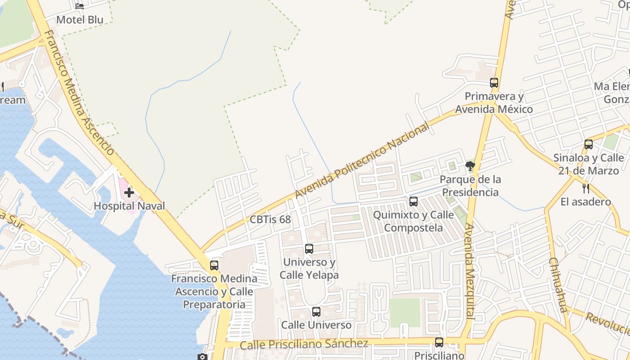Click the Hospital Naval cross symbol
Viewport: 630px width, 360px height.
129,193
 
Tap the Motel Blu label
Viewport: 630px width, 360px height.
80,20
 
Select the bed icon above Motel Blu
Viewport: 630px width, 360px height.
80,6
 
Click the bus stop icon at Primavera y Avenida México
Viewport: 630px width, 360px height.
494,83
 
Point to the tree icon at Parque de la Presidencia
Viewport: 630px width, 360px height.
470,166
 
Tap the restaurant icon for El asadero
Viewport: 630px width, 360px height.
585,188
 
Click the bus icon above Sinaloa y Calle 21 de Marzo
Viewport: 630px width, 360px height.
589,144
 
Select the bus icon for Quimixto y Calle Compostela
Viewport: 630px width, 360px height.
414,202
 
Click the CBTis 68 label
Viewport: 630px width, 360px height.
270,220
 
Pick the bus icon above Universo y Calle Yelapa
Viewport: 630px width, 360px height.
309,249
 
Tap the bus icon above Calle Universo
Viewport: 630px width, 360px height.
316,312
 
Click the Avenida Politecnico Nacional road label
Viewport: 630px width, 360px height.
362,161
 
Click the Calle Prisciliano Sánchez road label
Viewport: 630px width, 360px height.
304,344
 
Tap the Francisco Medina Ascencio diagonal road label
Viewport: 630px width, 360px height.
79,92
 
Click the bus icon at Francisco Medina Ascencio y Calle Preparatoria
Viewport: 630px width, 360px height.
214,265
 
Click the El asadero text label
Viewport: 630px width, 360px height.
585,202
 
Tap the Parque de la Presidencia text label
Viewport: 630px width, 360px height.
470,186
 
